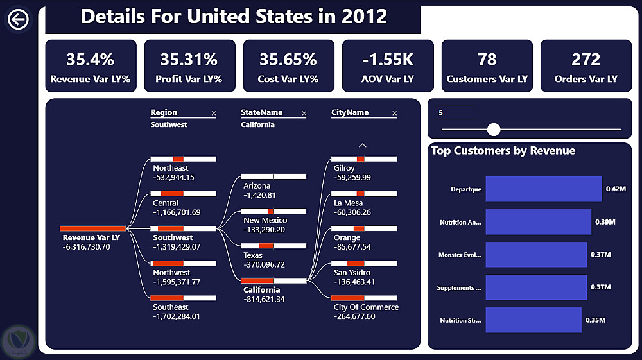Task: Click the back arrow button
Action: (x=18, y=20)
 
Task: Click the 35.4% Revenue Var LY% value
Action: (x=91, y=60)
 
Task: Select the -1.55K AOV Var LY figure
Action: (x=387, y=60)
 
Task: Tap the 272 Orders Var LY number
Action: (x=586, y=60)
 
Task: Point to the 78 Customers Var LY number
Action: (x=487, y=60)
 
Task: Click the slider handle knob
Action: (x=494, y=130)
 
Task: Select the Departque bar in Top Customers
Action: (x=544, y=189)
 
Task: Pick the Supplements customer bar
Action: (x=536, y=287)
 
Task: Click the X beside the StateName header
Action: (x=304, y=114)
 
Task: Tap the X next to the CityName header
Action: (x=395, y=114)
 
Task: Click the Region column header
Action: (x=164, y=112)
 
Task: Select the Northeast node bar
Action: (x=183, y=159)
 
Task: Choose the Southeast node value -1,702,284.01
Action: (x=177, y=316)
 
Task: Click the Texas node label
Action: (x=253, y=255)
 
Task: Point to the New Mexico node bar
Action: (x=273, y=211)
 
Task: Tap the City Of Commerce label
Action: (x=366, y=307)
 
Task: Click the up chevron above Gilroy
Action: (x=363, y=146)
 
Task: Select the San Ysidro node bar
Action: (x=363, y=263)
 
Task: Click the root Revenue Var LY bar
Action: (x=93, y=228)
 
